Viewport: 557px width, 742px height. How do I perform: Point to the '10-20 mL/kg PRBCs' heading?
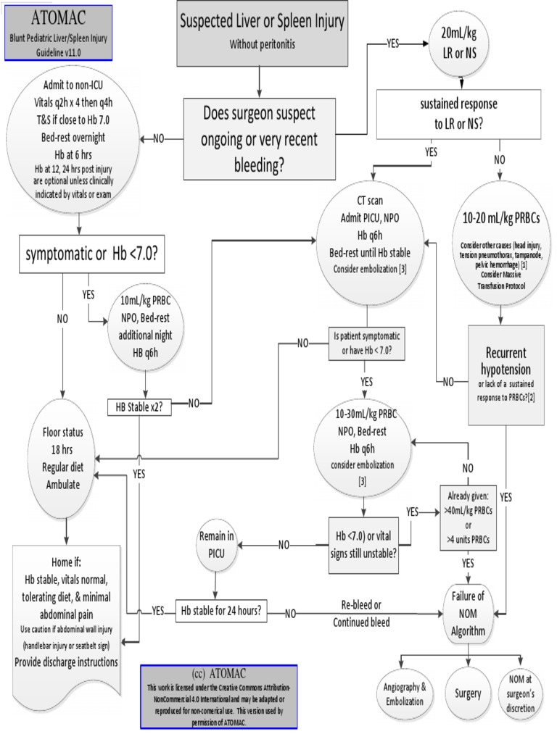pos(500,220)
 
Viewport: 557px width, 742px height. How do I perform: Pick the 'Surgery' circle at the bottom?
pos(468,693)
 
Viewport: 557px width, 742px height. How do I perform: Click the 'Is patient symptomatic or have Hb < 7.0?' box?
pos(367,343)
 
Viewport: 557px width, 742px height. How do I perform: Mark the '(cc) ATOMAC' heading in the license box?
pos(209,671)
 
